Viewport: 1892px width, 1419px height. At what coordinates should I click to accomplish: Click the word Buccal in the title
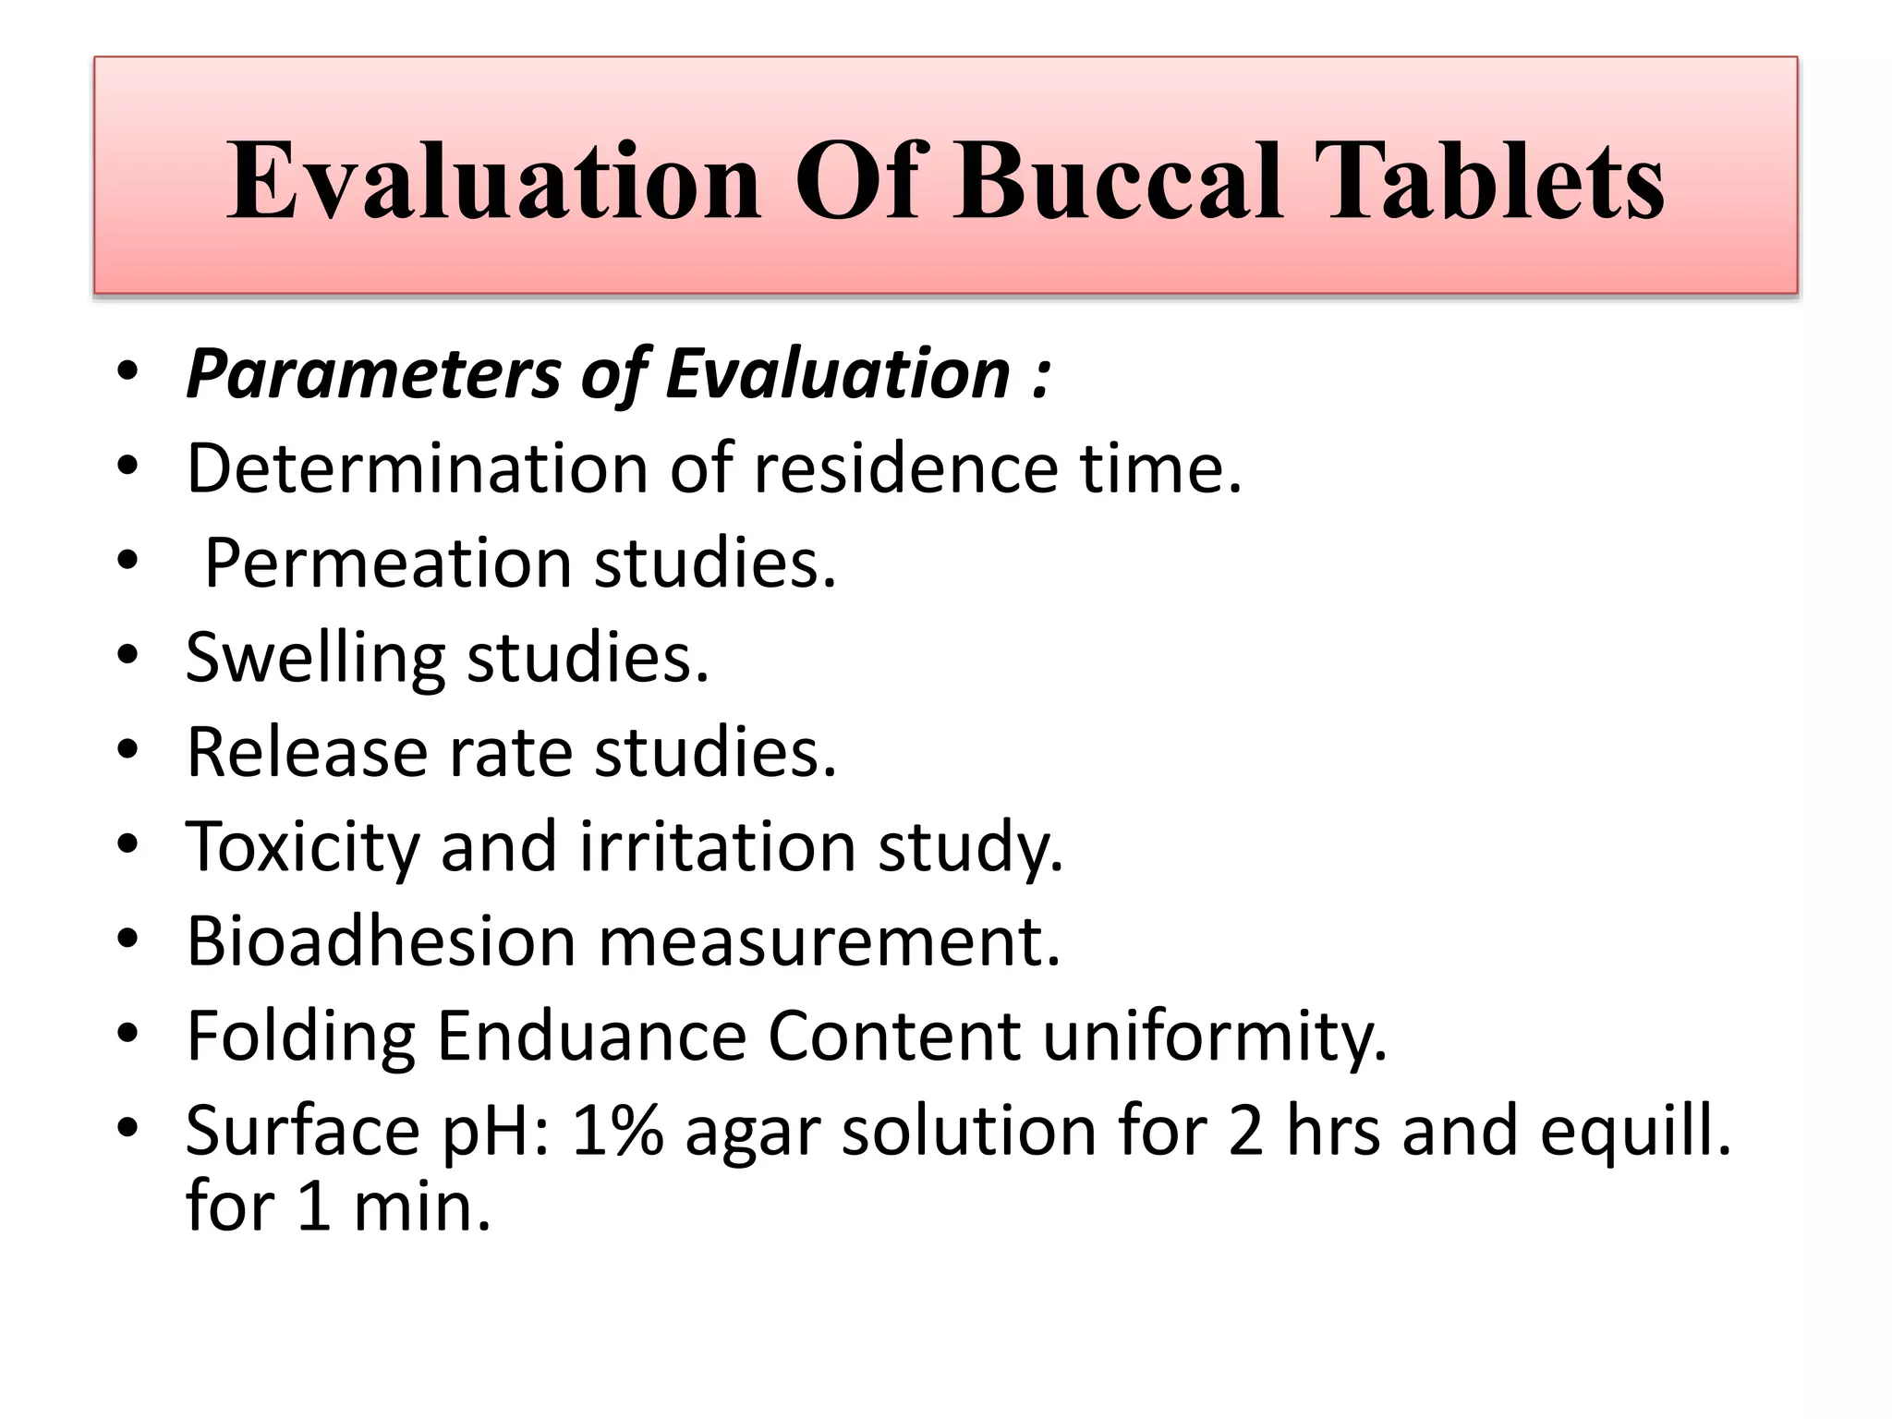(1119, 181)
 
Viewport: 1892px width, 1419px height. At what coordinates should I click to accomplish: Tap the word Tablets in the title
(1489, 181)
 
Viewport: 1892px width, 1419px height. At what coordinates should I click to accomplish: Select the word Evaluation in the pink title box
(494, 181)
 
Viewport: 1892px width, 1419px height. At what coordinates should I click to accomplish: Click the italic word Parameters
(373, 375)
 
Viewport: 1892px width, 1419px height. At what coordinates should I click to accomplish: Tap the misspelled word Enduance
(591, 1037)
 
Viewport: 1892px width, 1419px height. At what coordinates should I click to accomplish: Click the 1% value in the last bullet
(617, 1130)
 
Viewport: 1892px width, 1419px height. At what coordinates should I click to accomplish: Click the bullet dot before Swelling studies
(128, 656)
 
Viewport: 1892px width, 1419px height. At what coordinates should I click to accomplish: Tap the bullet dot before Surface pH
(128, 1128)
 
